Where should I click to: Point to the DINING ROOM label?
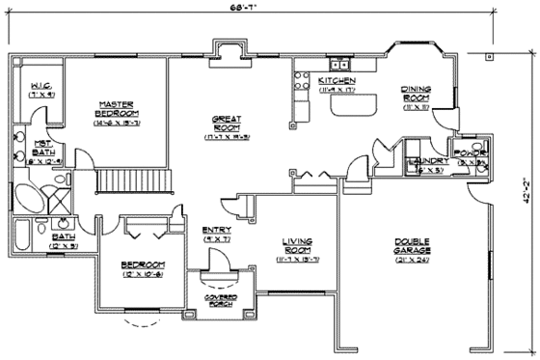(x=416, y=94)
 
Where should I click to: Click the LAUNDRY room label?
(x=425, y=160)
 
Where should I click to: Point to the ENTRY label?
(x=217, y=230)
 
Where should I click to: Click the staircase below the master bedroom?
(x=134, y=180)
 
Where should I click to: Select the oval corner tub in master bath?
(x=29, y=204)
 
